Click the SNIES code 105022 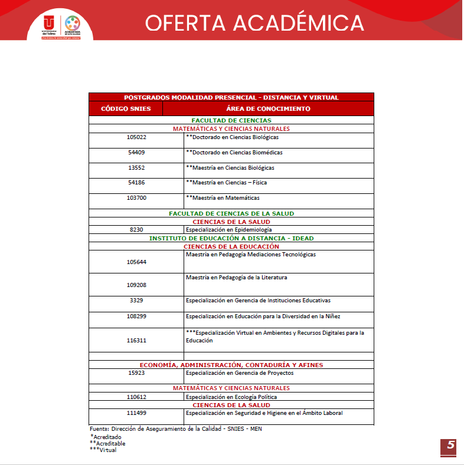coord(136,137)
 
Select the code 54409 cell coord(136,153)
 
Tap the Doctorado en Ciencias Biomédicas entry coord(234,153)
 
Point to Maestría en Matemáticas coord(223,198)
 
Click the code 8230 coord(136,229)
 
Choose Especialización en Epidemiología coord(228,229)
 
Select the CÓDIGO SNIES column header coord(126,108)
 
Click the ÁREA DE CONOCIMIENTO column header coord(268,108)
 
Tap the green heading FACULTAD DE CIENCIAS coord(231,120)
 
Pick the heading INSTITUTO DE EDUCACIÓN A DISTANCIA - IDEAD coord(231,238)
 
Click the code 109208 coord(136,285)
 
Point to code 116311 coord(136,340)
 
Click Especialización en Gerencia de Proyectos coord(239,373)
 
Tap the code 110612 coord(136,397)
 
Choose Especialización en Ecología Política coord(231,397)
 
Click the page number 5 coord(450,446)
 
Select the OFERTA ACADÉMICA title coord(254,23)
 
